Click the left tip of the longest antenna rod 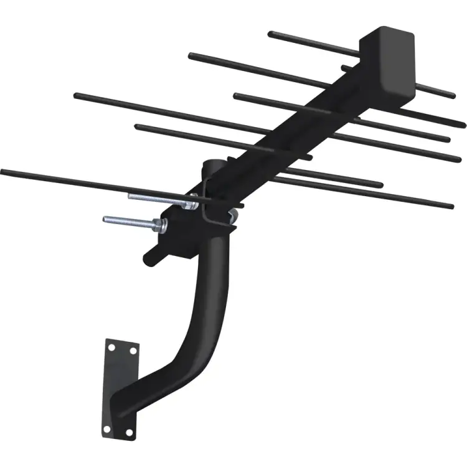coord(3,171)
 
